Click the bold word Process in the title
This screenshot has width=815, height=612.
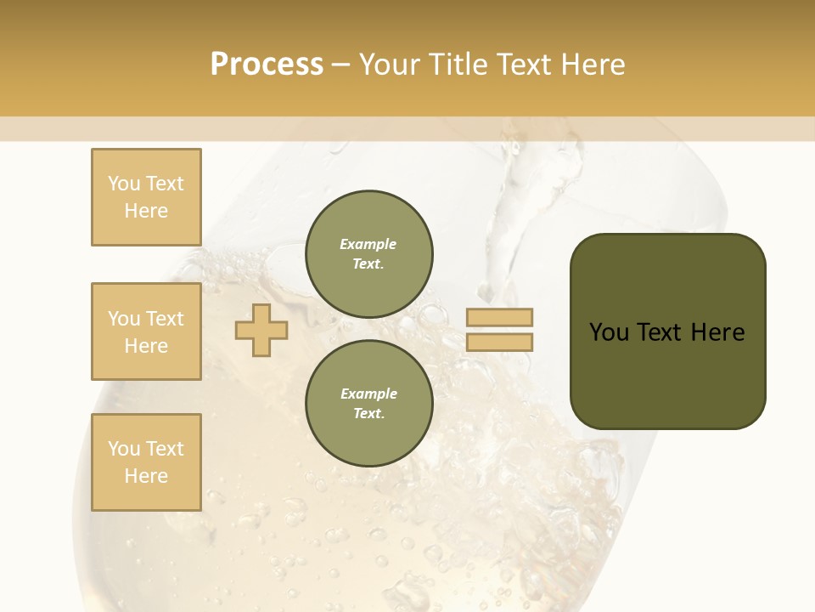(x=267, y=65)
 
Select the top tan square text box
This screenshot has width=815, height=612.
(x=146, y=197)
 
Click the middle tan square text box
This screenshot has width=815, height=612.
(x=146, y=331)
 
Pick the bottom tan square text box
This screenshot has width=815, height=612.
(x=146, y=462)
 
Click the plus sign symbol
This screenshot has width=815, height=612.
(x=261, y=330)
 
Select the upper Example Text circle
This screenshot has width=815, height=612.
(x=368, y=253)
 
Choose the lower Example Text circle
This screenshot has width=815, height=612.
(x=368, y=403)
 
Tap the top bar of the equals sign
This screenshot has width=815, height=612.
(x=499, y=317)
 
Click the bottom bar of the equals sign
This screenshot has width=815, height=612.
(x=499, y=342)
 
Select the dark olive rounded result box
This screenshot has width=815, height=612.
(x=667, y=331)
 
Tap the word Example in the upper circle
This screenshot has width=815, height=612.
(x=368, y=244)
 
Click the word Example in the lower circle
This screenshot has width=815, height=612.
(x=368, y=394)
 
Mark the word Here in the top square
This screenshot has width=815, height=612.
(x=146, y=211)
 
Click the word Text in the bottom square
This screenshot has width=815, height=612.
(x=165, y=449)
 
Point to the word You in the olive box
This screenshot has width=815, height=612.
(x=609, y=332)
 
